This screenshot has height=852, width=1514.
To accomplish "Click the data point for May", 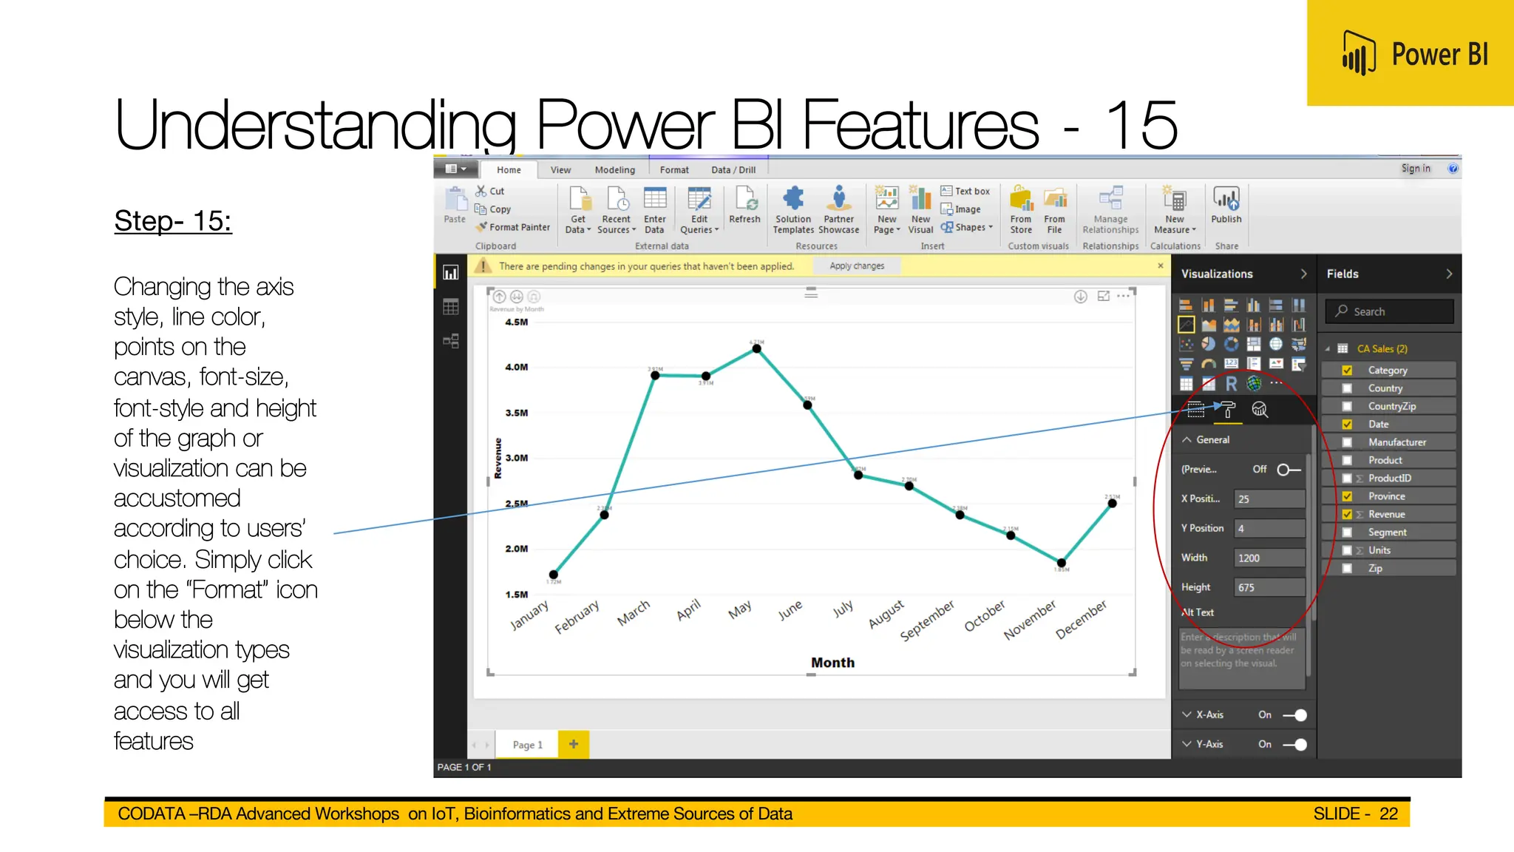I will pos(756,348).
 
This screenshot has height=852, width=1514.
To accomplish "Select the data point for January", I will pos(554,574).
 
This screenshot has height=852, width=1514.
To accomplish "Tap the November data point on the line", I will pos(1061,563).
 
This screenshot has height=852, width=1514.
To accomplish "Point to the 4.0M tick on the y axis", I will pos(516,367).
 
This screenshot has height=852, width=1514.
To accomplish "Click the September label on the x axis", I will pos(927,621).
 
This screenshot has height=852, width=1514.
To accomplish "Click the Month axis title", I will pos(832,663).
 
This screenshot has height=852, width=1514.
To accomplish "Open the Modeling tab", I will pos(614,170).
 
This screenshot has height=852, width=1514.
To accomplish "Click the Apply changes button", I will pos(857,266).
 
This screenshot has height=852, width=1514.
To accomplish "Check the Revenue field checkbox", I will pos(1347,515).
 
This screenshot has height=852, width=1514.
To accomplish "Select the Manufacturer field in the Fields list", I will pos(1396,442).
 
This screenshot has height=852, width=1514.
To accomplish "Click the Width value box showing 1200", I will pos(1269,558).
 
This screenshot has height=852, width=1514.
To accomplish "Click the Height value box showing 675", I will pos(1269,588).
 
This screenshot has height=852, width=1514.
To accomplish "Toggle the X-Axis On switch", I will pos(1295,715).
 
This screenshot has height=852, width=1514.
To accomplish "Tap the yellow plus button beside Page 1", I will pos(574,745).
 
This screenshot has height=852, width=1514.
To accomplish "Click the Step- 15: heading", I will pos(173,220).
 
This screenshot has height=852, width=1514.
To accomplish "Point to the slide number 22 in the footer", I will pos(1388,814).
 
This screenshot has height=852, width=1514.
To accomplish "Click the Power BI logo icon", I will pos(1358,53).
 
